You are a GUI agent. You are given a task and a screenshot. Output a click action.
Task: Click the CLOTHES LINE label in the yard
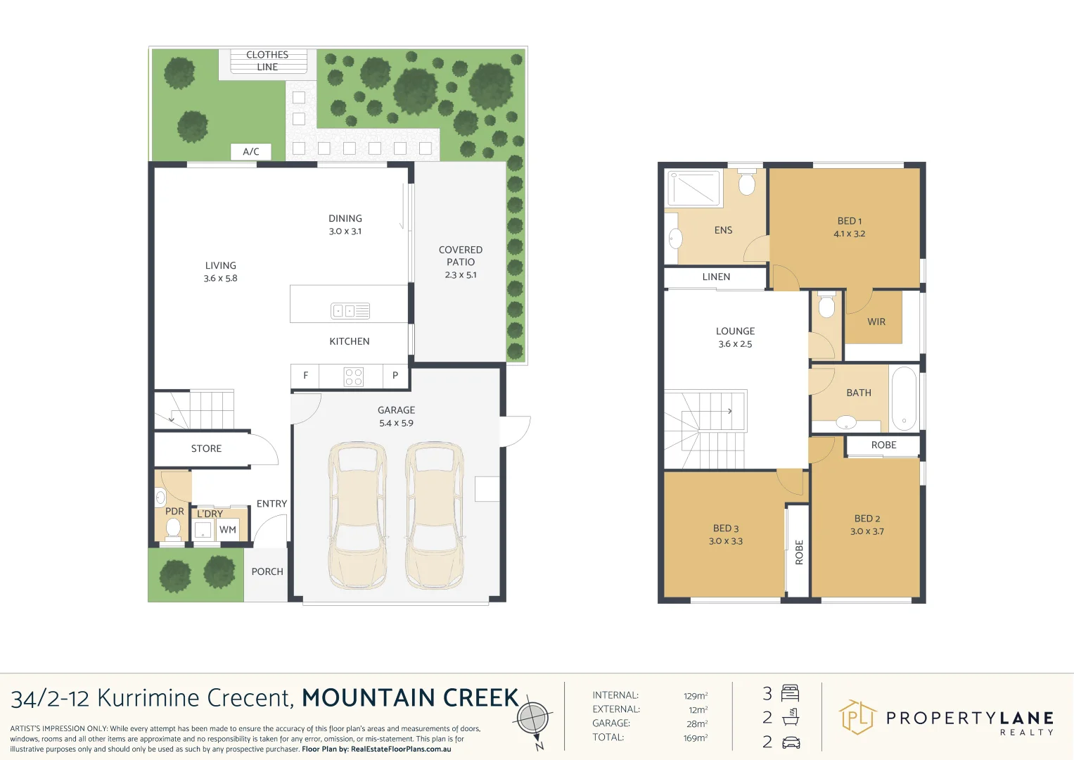(267, 61)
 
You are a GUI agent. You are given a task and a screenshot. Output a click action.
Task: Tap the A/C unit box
(251, 151)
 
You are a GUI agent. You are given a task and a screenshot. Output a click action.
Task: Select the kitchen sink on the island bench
(350, 311)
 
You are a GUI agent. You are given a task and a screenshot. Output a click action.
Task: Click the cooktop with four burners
(353, 376)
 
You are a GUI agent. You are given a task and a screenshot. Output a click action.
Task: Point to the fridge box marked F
(305, 376)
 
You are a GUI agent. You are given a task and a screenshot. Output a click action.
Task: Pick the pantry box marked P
(395, 376)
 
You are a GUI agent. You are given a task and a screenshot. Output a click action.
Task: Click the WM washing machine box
(228, 530)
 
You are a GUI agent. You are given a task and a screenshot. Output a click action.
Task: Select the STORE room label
(206, 449)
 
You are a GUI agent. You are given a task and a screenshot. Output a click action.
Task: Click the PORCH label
(267, 571)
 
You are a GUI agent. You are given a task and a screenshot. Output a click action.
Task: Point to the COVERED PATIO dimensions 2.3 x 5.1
(460, 275)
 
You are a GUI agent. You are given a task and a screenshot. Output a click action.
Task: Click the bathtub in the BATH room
(904, 399)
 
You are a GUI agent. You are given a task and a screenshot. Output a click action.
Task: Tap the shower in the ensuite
(693, 188)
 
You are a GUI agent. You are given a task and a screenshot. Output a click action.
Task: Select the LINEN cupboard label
(716, 277)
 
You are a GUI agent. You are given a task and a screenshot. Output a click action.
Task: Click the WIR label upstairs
(876, 322)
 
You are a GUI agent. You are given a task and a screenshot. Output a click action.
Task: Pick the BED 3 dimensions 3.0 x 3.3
(725, 541)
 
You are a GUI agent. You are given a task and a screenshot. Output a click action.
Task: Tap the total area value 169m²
(695, 737)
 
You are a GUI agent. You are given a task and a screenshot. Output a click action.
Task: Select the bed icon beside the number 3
(790, 693)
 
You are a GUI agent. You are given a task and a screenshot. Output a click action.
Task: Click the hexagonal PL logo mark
(857, 717)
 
